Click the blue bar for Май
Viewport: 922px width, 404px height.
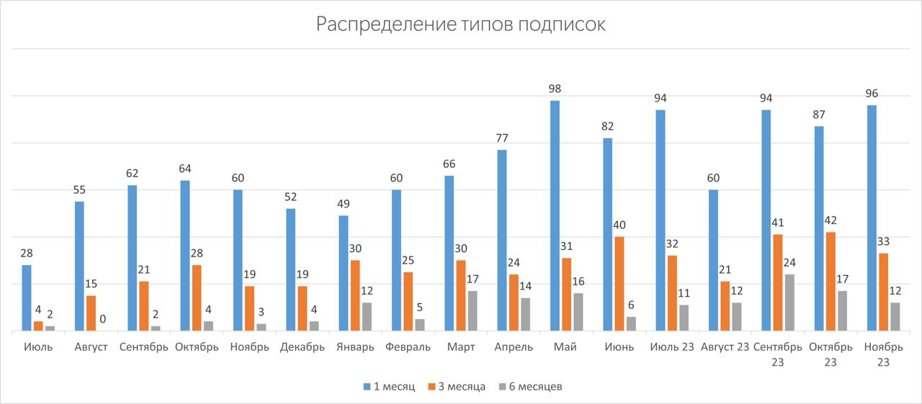tap(555, 216)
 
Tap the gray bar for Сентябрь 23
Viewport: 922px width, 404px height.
tap(789, 302)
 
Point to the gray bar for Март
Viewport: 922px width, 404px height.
tap(472, 311)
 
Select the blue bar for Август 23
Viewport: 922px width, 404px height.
tap(713, 260)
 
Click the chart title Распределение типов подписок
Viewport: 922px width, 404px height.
tap(461, 24)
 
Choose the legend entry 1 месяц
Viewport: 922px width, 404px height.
tap(389, 387)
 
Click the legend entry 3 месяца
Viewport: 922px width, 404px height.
tap(457, 387)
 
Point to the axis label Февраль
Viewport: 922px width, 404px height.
tap(408, 347)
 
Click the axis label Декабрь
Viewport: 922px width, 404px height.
tap(303, 347)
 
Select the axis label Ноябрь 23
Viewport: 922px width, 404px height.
tap(883, 354)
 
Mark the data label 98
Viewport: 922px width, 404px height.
tap(555, 89)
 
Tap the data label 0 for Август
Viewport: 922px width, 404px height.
tap(103, 319)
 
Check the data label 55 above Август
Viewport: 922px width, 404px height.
tap(80, 190)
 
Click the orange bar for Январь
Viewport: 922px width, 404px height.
tap(355, 295)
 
